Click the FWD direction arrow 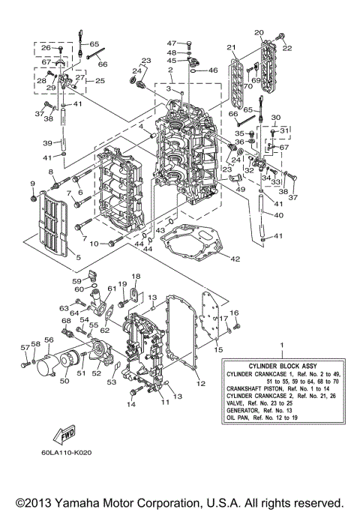click(x=63, y=433)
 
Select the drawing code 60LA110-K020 click(x=74, y=454)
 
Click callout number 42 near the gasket click(x=234, y=259)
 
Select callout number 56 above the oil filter click(x=49, y=340)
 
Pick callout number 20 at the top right click(x=259, y=33)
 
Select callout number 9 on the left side click(x=32, y=184)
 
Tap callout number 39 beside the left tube click(x=47, y=142)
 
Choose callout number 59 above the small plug click(x=76, y=281)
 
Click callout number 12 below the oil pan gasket click(x=200, y=383)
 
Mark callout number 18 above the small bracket click(x=136, y=277)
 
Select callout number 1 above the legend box click(x=282, y=345)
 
